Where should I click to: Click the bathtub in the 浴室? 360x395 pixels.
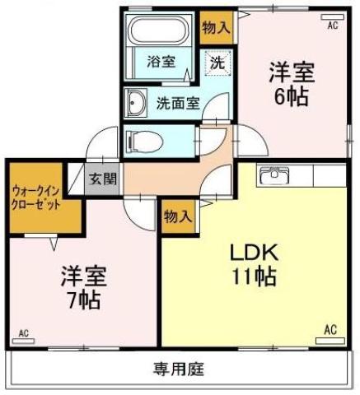pos(160,32)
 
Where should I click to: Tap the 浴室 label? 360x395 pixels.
pos(160,62)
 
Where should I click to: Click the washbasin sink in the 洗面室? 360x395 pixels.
pos(136,104)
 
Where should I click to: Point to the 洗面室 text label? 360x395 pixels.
pos(178,104)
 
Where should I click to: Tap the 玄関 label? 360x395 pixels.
pos(103,179)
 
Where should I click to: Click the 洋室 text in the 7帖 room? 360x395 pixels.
pos(82,274)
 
